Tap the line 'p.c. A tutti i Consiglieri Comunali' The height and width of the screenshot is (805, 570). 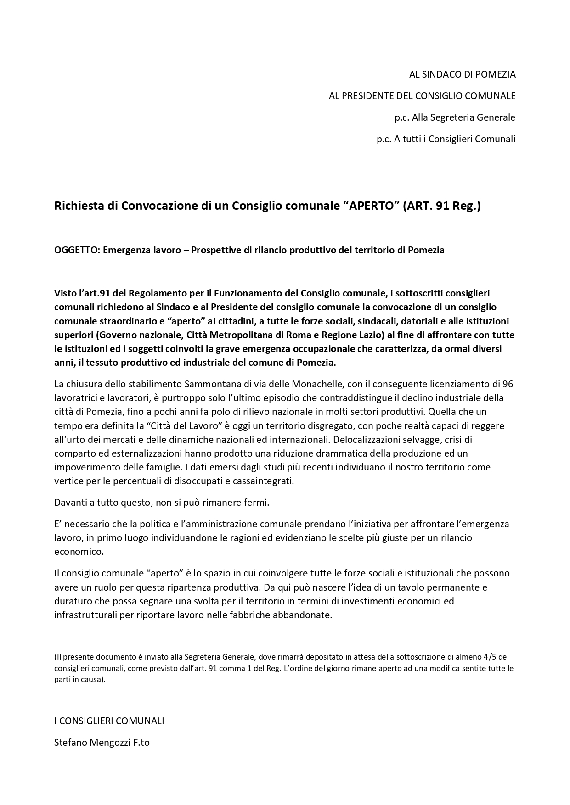pos(446,139)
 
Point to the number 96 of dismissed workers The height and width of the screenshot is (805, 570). pos(508,384)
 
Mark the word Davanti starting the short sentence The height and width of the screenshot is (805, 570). pos(70,502)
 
